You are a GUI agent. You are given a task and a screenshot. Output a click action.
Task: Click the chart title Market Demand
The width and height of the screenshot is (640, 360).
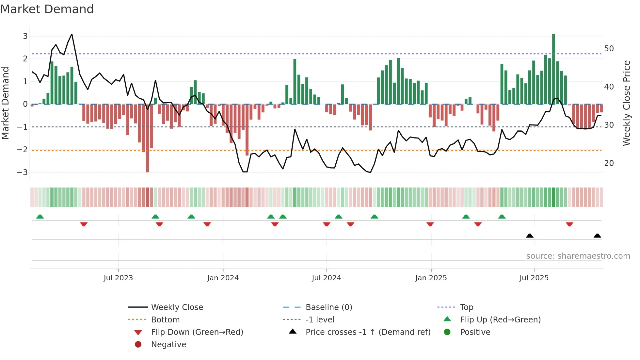47,9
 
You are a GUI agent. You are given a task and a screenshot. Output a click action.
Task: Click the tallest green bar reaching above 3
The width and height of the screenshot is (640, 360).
553,69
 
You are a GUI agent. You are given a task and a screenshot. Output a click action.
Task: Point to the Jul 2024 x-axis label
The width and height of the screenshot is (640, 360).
326,278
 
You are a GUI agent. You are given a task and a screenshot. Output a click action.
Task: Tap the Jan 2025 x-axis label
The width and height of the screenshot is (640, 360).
431,278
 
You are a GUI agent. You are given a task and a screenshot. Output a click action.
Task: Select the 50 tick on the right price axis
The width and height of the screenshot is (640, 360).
609,49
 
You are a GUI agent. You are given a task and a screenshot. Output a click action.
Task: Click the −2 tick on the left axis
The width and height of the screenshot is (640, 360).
22,150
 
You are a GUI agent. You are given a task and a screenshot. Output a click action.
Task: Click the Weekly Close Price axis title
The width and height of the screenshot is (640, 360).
626,103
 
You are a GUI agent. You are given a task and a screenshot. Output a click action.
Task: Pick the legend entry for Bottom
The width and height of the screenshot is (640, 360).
165,319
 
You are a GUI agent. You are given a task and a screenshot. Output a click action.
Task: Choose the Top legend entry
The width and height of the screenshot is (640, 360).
467,307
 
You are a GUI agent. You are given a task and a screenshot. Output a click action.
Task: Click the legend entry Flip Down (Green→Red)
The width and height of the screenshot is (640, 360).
197,332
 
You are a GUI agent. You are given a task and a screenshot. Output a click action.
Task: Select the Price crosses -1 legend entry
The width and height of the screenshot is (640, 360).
368,332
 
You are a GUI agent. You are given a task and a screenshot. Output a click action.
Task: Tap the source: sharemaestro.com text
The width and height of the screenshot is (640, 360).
578,256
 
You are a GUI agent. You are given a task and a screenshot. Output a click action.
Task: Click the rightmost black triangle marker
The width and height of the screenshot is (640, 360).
597,236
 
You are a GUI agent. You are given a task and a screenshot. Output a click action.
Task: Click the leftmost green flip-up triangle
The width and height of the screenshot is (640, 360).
40,217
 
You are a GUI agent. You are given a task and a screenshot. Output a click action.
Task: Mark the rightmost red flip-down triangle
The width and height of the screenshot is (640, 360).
569,224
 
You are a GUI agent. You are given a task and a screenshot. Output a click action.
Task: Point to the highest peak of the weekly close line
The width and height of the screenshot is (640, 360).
72,34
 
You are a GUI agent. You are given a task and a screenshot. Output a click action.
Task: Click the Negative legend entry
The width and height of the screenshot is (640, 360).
168,344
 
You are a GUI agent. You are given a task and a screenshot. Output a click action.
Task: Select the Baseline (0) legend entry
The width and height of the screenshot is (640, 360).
328,307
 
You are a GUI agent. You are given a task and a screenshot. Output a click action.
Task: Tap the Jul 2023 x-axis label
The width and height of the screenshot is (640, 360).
118,278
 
